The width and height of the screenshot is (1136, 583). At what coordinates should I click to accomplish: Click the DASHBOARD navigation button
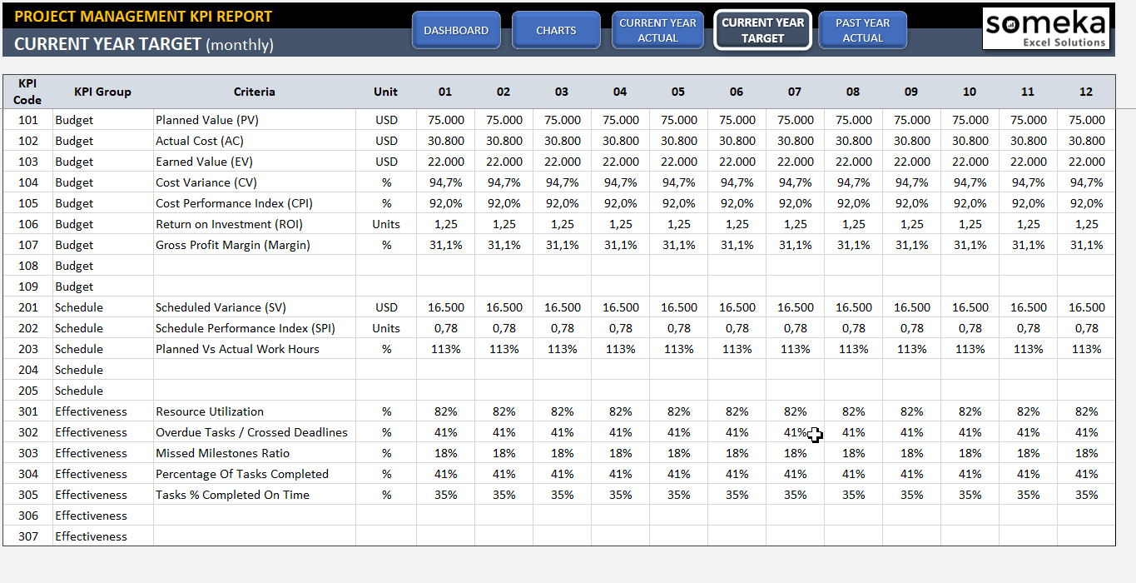[456, 31]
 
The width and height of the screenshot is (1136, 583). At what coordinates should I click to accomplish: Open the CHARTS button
[556, 31]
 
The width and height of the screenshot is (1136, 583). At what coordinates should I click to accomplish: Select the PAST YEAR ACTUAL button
[862, 31]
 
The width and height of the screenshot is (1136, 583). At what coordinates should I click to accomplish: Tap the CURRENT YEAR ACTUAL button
[657, 31]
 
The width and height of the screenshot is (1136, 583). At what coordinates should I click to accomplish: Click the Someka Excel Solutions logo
[1046, 29]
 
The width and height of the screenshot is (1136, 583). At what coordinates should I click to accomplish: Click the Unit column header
[386, 92]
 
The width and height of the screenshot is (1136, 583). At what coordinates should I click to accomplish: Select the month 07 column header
[795, 92]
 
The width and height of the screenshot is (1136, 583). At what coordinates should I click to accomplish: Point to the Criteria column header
[254, 92]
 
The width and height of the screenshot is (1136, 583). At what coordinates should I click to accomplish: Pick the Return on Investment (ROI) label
[229, 224]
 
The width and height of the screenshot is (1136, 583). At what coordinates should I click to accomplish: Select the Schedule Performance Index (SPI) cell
[246, 328]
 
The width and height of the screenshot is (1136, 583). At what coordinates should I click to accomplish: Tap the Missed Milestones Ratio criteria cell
[222, 453]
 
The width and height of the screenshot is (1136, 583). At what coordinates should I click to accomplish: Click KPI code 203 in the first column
[28, 349]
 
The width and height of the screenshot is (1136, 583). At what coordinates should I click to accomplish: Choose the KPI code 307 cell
[28, 536]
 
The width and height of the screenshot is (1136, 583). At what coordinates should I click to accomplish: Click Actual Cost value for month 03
[563, 141]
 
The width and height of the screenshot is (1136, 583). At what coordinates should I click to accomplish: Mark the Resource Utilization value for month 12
[1086, 411]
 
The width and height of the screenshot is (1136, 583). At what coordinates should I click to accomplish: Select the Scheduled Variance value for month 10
[970, 307]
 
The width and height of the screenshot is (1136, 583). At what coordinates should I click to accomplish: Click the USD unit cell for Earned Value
[386, 162]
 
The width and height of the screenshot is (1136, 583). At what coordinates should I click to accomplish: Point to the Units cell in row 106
[386, 224]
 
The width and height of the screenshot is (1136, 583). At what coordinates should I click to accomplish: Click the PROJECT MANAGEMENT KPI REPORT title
[143, 16]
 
